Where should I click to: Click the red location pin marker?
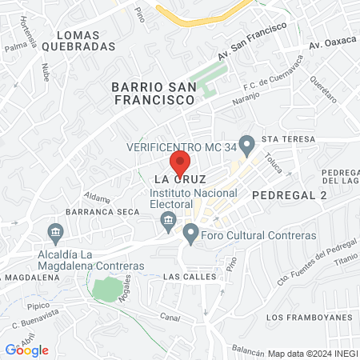181,162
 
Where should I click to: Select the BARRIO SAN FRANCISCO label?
153,93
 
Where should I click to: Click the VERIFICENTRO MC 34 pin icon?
248,146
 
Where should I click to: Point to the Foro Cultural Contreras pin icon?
190,235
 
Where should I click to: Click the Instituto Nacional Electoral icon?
168,220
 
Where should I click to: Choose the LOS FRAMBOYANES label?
308,317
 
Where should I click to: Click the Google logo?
27,350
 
